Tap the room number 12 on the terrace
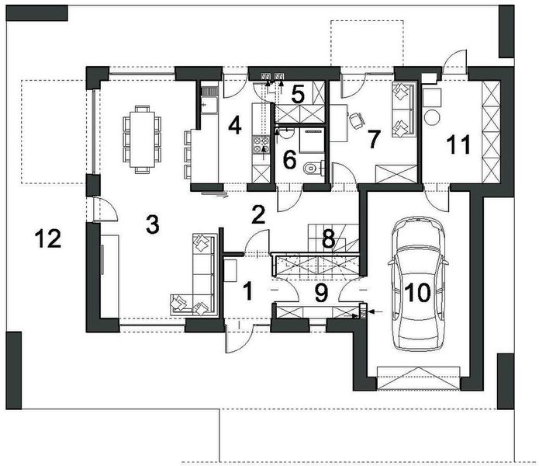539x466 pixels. point(47,239)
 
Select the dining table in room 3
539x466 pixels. point(141,137)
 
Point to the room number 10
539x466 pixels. point(417,294)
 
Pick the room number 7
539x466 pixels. point(373,140)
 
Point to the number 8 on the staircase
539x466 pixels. point(328,239)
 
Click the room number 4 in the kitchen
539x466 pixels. point(233,124)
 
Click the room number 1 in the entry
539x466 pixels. point(247,292)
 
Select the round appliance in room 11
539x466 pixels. point(431,117)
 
